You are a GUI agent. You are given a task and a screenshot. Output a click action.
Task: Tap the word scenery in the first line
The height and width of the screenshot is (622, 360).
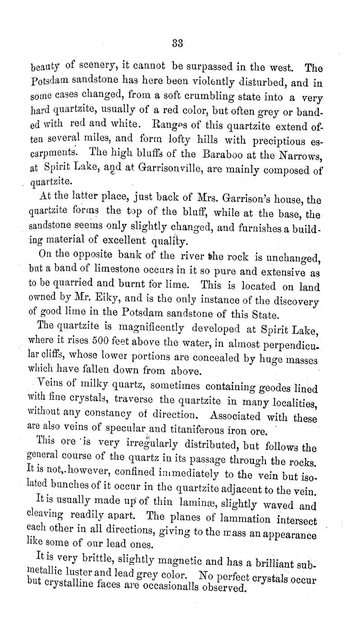tap(91, 68)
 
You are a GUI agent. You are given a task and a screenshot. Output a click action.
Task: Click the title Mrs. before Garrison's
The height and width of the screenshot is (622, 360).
tap(196, 197)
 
